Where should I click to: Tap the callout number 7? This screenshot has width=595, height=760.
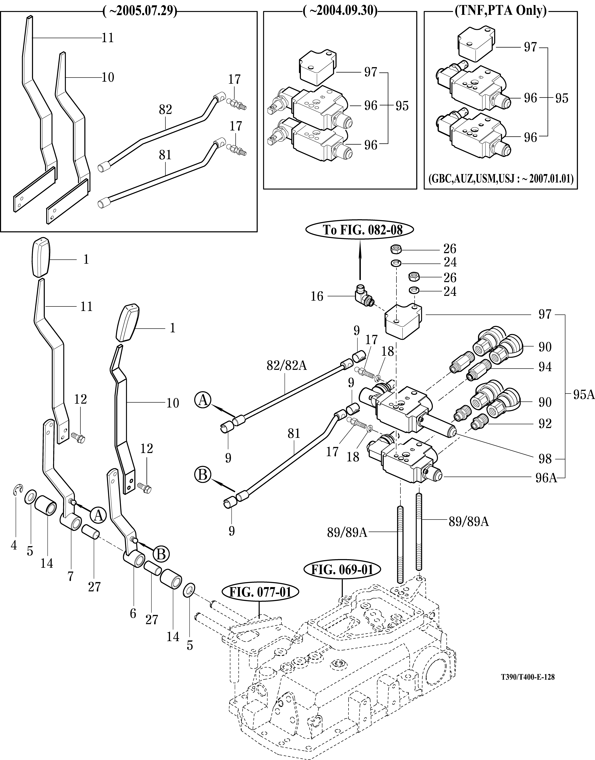[x=71, y=576]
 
